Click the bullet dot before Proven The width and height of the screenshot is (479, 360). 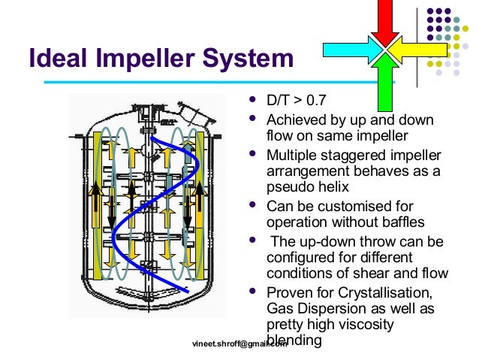[252, 290]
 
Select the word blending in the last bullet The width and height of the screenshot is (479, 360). [294, 340]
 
